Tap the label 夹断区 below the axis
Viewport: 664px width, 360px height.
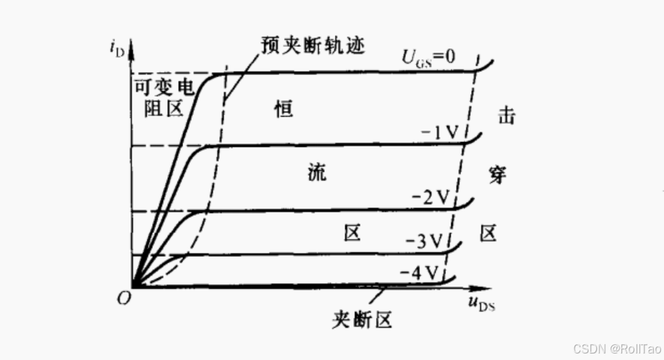coord(363,319)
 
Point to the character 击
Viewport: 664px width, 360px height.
coord(506,115)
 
